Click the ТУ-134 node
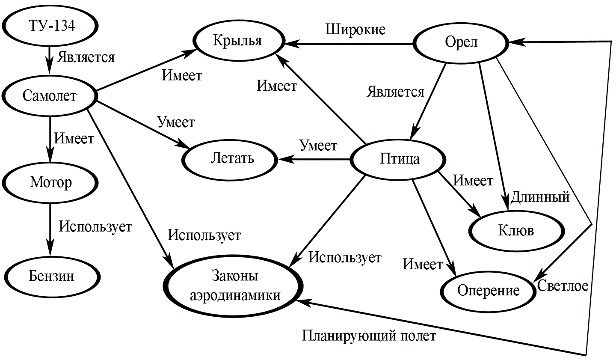click(51, 26)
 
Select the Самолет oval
click(50, 95)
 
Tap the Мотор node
click(50, 182)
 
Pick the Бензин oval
click(51, 275)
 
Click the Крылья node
click(237, 41)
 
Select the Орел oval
click(461, 42)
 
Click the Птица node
click(400, 159)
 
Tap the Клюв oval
click(516, 231)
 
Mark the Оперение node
click(488, 291)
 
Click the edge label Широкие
click(355, 30)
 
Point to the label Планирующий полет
click(369, 336)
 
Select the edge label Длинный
click(540, 197)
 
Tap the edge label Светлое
click(563, 285)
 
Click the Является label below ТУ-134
click(86, 57)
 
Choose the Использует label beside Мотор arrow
click(95, 226)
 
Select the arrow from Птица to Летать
click(314, 159)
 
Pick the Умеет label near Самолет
click(176, 122)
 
